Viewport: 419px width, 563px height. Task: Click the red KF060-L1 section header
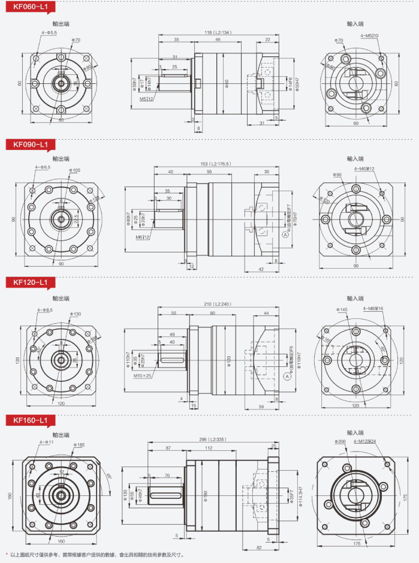pyautogui.click(x=27, y=7)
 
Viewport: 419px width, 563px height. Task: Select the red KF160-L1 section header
pyautogui.click(x=27, y=420)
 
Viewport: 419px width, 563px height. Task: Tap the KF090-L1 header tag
pyautogui.click(x=27, y=144)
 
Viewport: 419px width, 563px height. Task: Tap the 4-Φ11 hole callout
pyautogui.click(x=46, y=442)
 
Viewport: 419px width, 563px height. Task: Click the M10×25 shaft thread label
pyautogui.click(x=143, y=375)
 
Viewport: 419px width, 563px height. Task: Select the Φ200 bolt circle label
pyautogui.click(x=340, y=442)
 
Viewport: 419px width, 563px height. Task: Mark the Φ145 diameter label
pyautogui.click(x=342, y=309)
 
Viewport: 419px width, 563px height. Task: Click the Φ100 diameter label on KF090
pyautogui.click(x=75, y=170)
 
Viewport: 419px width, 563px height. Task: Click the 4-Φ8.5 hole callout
pyautogui.click(x=45, y=309)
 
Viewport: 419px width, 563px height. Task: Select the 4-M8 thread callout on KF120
pyautogui.click(x=373, y=308)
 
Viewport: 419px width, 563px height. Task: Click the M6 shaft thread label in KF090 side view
pyautogui.click(x=143, y=237)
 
